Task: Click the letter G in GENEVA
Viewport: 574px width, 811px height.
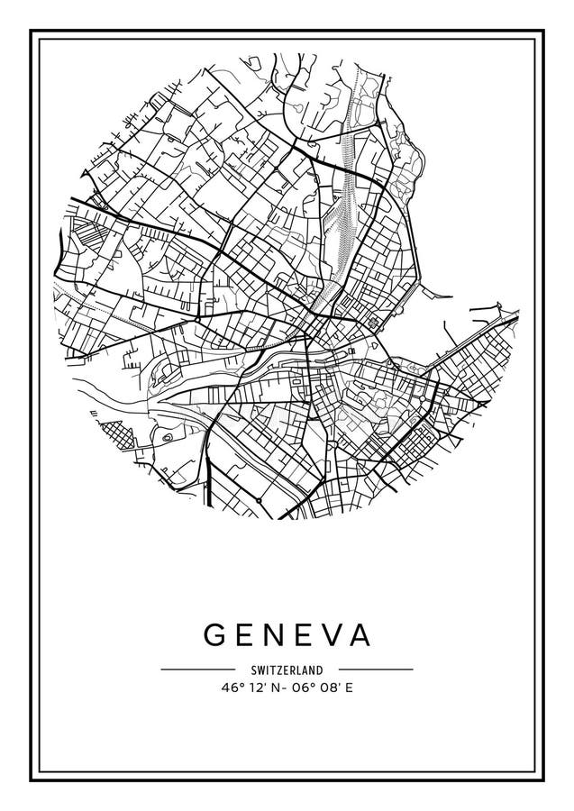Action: point(215,635)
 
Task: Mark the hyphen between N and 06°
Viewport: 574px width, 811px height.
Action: point(281,687)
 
